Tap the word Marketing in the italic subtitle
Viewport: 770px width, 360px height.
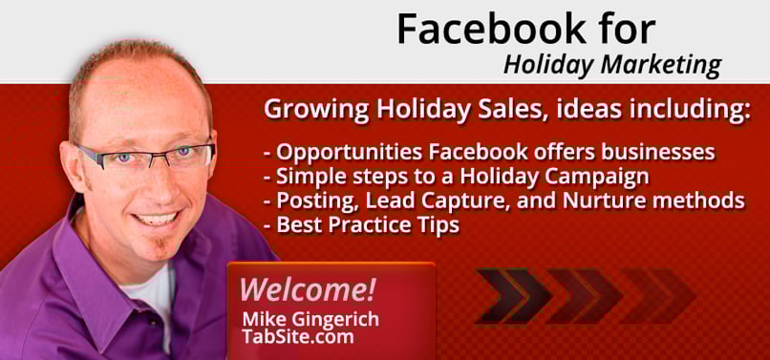tap(658, 65)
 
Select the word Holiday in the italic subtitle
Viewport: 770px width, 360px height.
tap(542, 65)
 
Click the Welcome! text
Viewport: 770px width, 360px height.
tap(307, 288)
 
